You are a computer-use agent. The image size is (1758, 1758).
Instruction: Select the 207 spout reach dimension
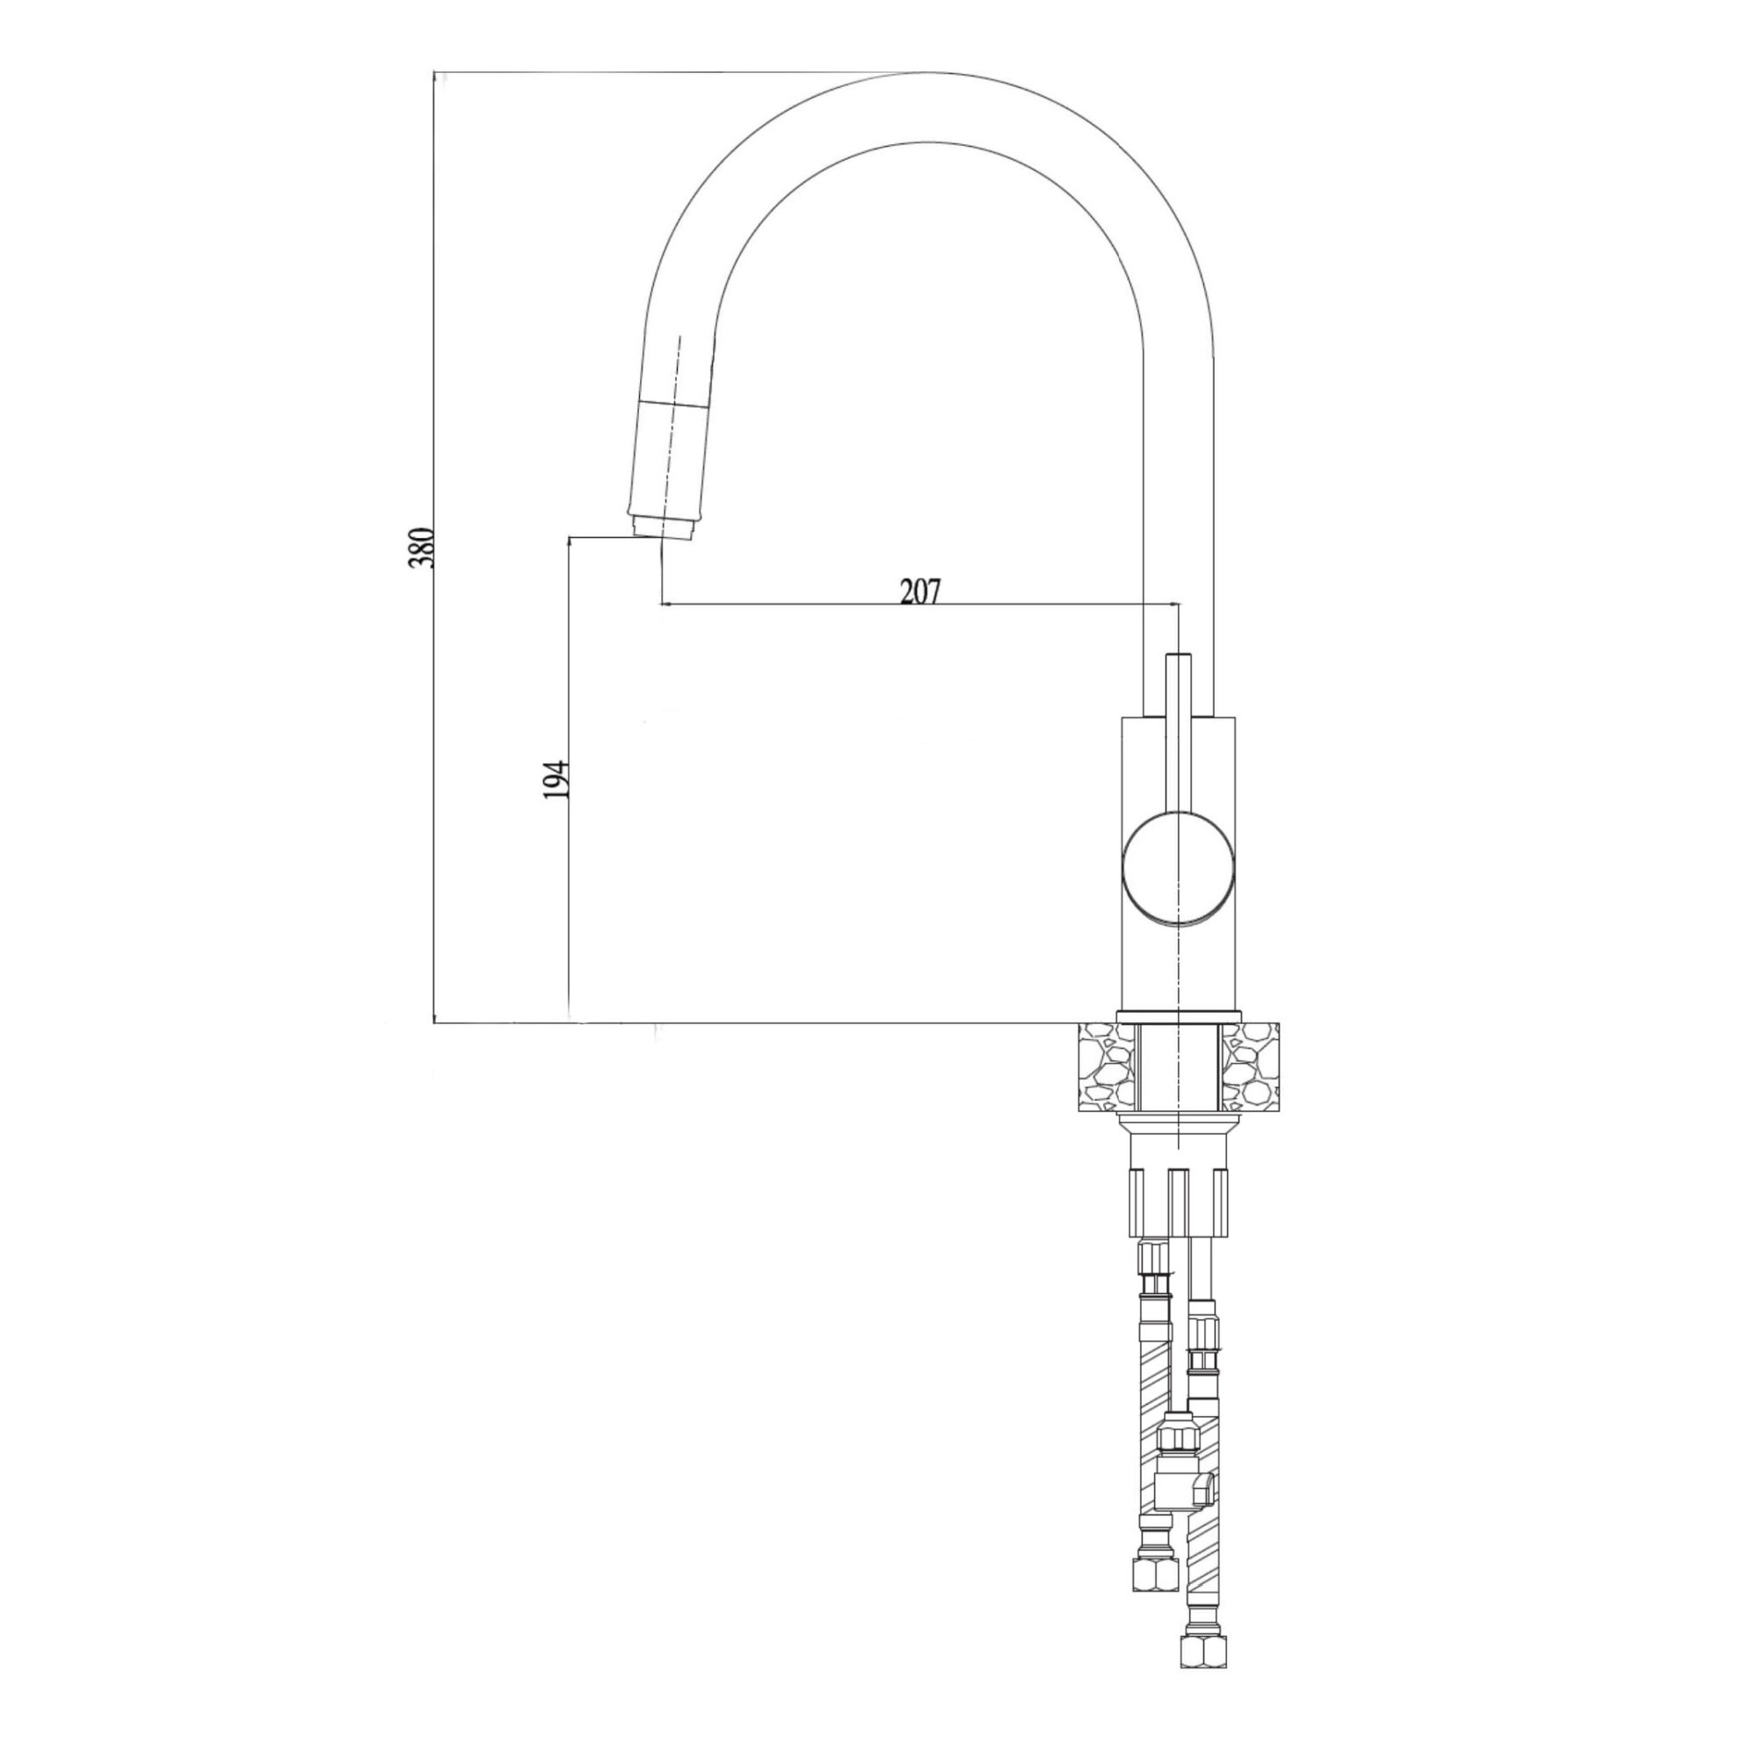[x=920, y=592]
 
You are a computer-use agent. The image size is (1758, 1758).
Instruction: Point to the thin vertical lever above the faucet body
[x=1179, y=729]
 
